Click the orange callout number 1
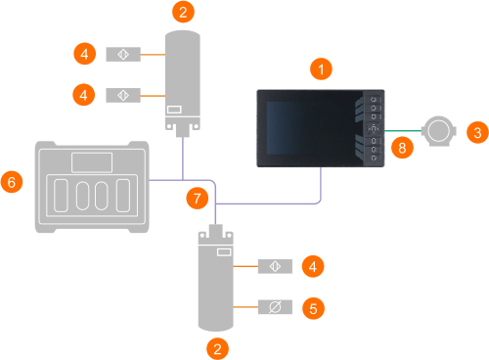(321, 69)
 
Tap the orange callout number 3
(477, 132)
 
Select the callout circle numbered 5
(313, 308)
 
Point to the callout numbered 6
(12, 182)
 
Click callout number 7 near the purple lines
(198, 198)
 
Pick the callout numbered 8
(402, 148)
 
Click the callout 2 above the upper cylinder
(183, 12)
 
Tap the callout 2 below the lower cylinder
(217, 349)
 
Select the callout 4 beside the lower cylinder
(313, 266)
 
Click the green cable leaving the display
(403, 131)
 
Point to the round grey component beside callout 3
(439, 131)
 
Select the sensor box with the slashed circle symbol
(275, 307)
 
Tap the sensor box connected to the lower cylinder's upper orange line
(275, 266)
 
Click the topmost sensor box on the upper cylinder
(123, 54)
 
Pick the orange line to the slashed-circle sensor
(245, 307)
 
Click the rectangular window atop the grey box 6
(92, 162)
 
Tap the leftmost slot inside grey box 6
(61, 196)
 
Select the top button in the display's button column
(374, 99)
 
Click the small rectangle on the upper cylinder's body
(174, 110)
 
